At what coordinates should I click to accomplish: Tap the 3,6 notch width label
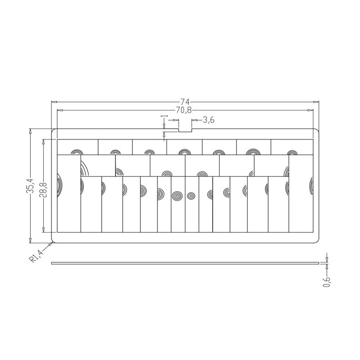pos(208,120)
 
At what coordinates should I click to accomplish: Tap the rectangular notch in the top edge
pos(185,131)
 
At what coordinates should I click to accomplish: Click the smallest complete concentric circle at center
pos(192,196)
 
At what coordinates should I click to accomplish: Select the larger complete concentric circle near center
pos(177,196)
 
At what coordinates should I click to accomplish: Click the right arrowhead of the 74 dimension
pos(316,102)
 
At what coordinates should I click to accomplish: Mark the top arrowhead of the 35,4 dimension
pos(31,132)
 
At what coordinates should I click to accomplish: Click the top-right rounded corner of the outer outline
pos(317,131)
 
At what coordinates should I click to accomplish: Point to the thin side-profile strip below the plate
pos(185,263)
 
